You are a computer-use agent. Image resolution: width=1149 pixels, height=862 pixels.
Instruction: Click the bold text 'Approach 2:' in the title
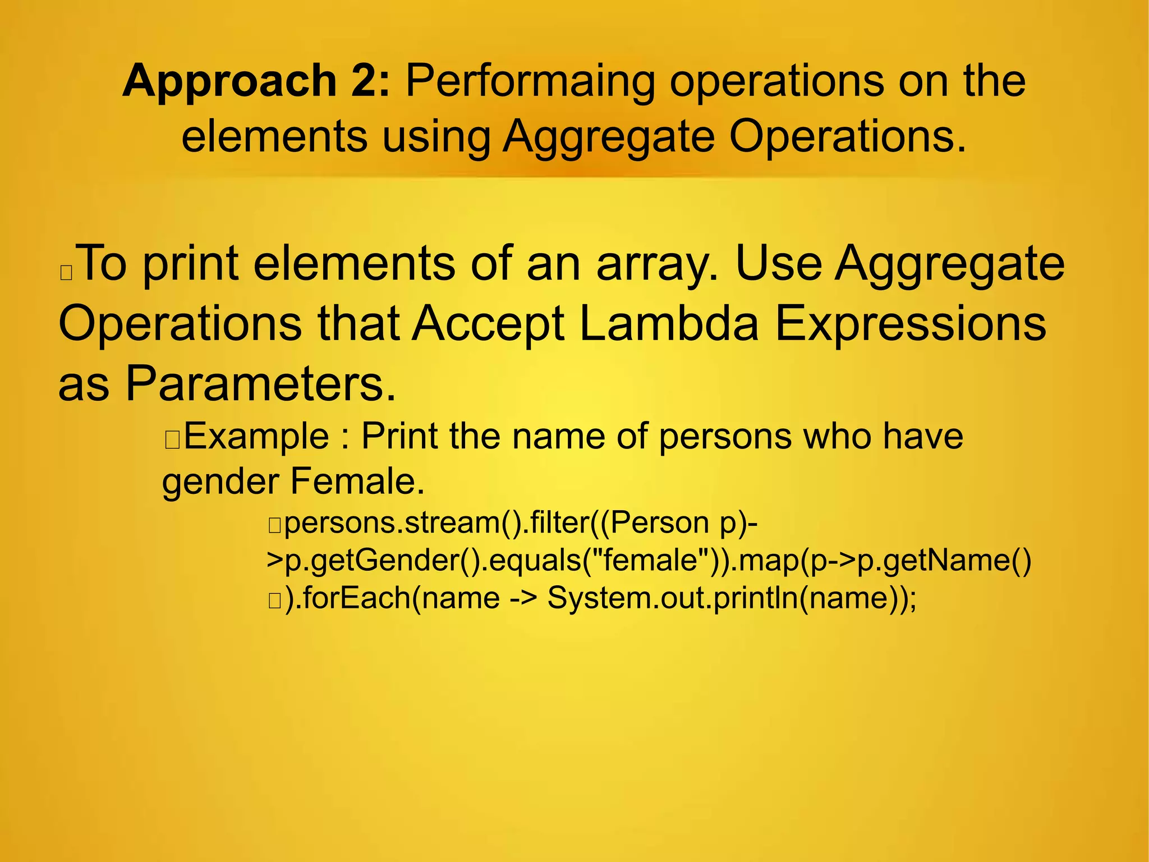click(256, 81)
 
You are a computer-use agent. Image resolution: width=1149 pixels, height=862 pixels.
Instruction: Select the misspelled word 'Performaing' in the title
click(530, 81)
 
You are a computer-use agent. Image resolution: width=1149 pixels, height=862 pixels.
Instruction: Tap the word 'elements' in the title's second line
click(274, 137)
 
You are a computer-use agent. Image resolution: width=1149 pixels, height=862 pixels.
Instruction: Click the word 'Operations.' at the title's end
click(848, 137)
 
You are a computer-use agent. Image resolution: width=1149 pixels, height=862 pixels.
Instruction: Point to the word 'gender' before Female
click(221, 483)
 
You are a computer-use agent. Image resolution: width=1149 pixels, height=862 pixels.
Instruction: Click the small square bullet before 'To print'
click(66, 273)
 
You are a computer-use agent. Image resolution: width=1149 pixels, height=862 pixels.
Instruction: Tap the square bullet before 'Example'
click(172, 441)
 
